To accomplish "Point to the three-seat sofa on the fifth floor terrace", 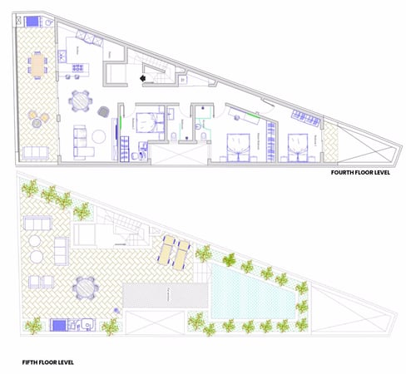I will (x=60, y=247).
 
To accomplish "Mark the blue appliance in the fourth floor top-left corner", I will (x=32, y=20).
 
